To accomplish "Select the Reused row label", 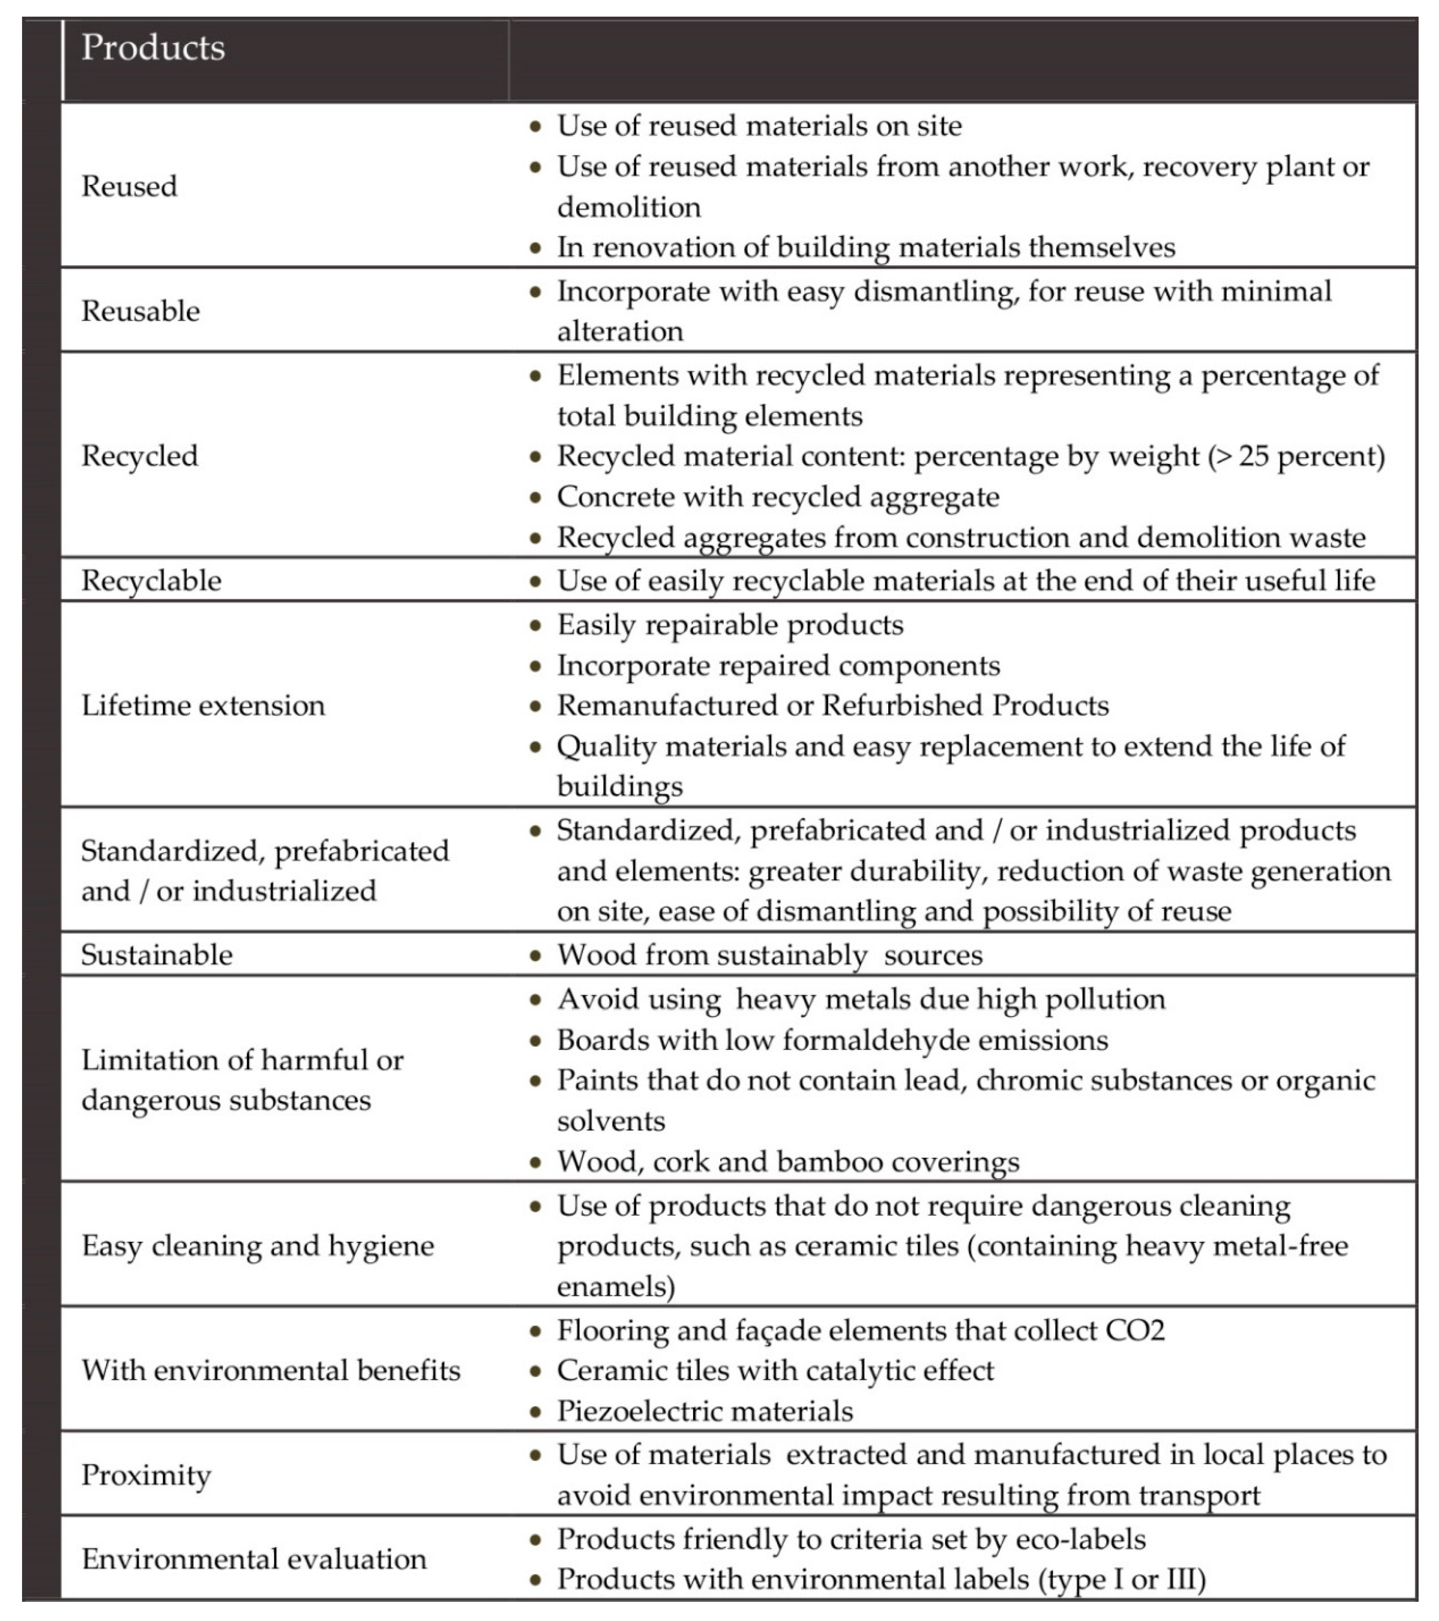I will point(129,186).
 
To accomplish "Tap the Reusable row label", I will point(140,311).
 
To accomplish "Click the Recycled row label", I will point(139,456).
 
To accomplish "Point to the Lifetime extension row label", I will point(203,705).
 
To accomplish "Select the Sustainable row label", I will point(156,955).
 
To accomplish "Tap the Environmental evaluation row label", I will point(254,1559).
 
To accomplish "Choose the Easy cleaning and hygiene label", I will point(258,1246).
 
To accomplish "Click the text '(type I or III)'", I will point(1122,1579).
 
